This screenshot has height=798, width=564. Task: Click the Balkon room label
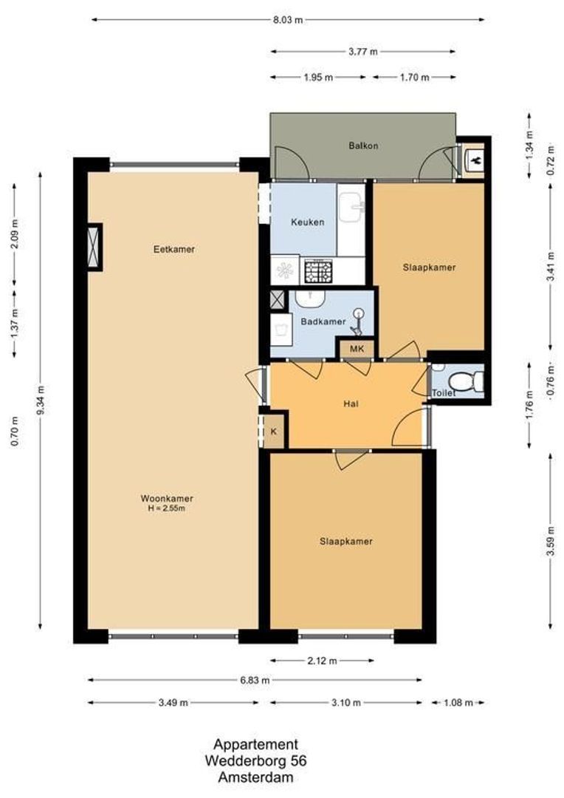[363, 146]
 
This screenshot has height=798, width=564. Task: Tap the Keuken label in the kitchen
[307, 222]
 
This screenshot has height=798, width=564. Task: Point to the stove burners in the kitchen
[319, 271]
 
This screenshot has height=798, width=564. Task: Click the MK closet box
[357, 349]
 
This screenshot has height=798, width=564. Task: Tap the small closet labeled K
[274, 432]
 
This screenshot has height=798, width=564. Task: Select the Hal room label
[351, 404]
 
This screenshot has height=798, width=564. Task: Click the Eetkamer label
[174, 249]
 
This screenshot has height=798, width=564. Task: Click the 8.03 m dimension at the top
[289, 20]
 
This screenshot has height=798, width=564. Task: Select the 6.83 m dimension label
[255, 680]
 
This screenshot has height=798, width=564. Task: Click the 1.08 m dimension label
[458, 703]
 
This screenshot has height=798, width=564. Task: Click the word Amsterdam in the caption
[255, 777]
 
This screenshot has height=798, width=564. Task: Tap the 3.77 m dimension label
[362, 52]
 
